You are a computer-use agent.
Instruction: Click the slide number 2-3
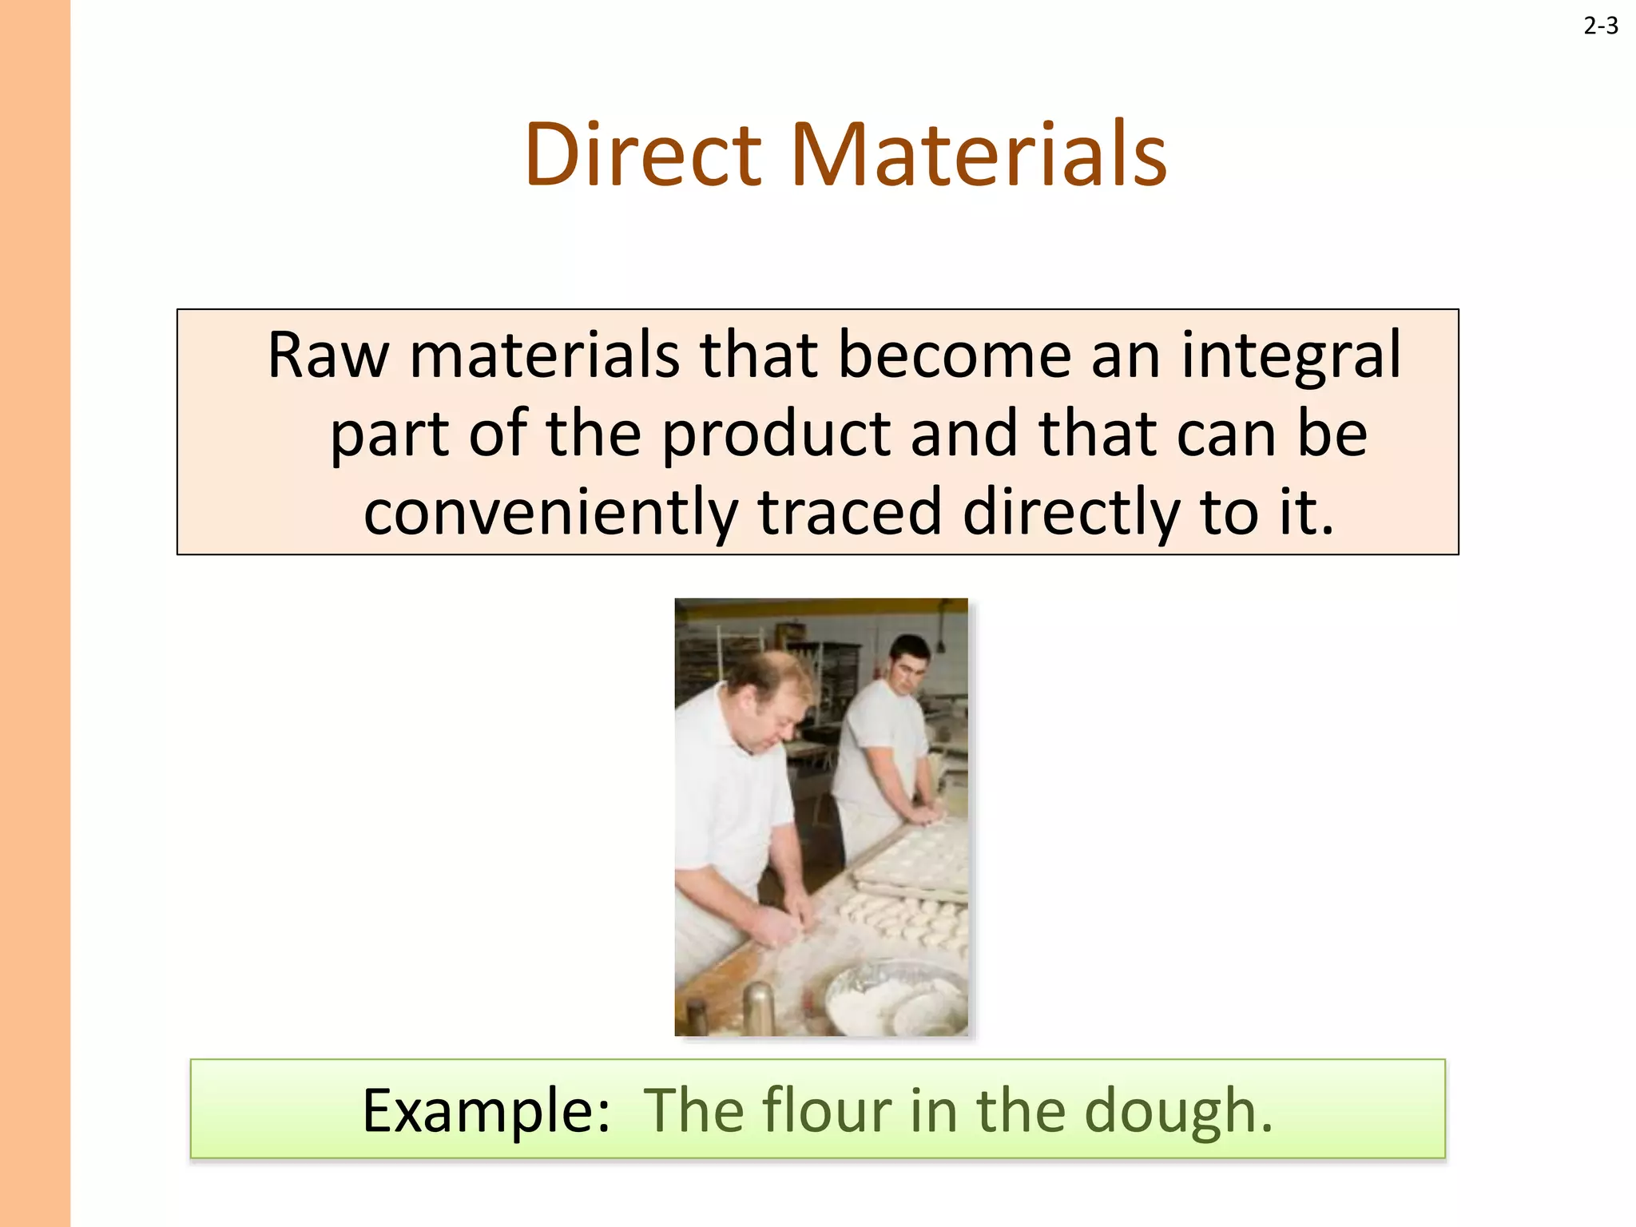[x=1600, y=26]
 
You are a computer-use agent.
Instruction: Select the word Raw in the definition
[x=328, y=355]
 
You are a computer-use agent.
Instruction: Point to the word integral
[x=1290, y=356]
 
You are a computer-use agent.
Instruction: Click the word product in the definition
[x=776, y=435]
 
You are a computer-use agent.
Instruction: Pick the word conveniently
[x=550, y=513]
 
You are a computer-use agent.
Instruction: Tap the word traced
[x=850, y=511]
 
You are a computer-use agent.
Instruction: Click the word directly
[x=1070, y=513]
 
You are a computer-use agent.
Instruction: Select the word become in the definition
[x=954, y=355]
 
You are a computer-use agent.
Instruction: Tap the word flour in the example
[x=826, y=1110]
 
